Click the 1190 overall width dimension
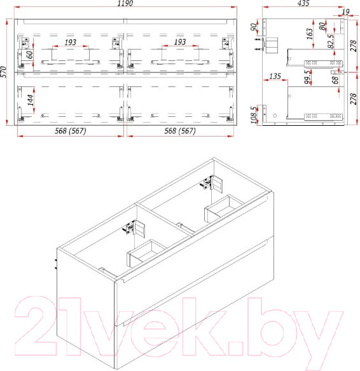point(125,3)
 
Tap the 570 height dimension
point(4,72)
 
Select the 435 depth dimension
point(303,3)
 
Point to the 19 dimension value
point(346,11)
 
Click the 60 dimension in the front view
point(30,55)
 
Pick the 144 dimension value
point(31,100)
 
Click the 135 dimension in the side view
point(275,76)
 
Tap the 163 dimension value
point(310,34)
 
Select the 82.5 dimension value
point(331,41)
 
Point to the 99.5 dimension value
point(307,77)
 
